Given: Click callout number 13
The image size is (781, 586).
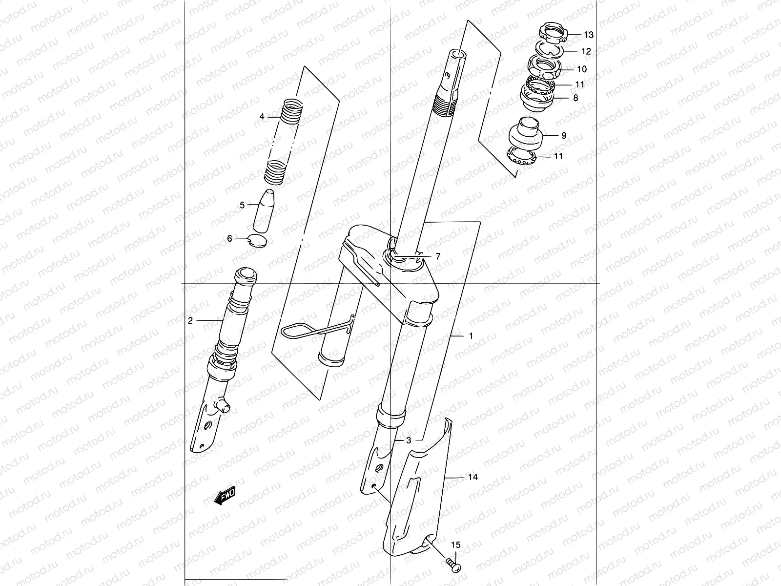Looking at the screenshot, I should [589, 35].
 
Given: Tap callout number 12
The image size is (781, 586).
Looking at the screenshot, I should [586, 51].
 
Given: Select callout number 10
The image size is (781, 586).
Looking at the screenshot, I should [581, 69].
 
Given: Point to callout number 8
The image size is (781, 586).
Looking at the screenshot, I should [575, 98].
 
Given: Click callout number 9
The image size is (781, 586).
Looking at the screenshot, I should [564, 136].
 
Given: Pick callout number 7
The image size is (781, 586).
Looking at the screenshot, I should [438, 256].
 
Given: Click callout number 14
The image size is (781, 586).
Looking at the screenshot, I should [473, 477].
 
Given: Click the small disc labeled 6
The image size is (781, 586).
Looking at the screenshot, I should [258, 240].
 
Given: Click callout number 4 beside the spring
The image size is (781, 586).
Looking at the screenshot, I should [262, 116].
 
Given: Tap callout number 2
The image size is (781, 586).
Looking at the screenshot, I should [190, 320].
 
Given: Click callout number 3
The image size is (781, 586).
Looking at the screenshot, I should [409, 440].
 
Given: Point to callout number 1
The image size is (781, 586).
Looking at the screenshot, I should [471, 336].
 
